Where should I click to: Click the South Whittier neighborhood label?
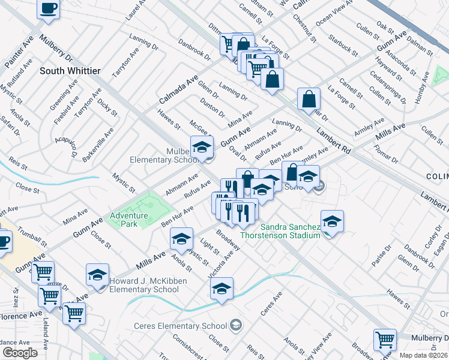[x=70, y=71]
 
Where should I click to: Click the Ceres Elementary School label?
[x=180, y=326]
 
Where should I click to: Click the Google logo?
[x=20, y=353]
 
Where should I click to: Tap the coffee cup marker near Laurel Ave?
[x=49, y=10]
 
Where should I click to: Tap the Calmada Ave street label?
[x=178, y=90]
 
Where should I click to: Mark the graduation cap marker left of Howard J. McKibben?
[x=98, y=275]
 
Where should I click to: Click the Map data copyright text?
[x=424, y=355]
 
